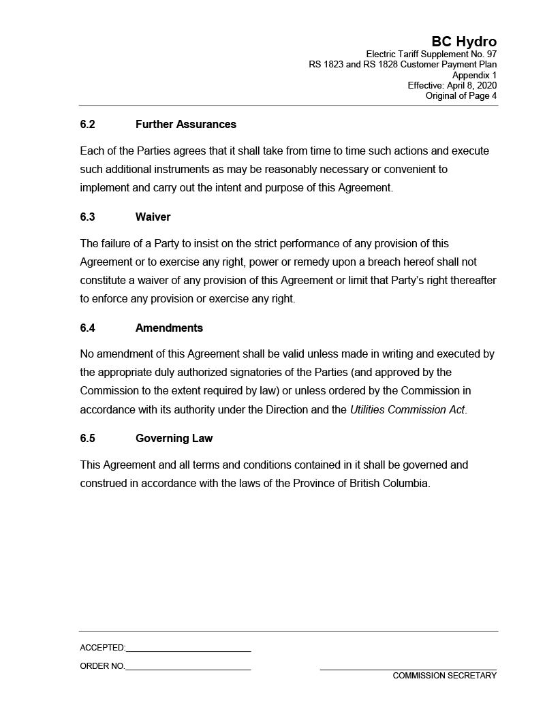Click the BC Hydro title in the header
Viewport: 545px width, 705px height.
pyautogui.click(x=464, y=42)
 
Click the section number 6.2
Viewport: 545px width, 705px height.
pyautogui.click(x=87, y=125)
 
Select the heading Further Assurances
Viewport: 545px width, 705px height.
pyautogui.click(x=186, y=125)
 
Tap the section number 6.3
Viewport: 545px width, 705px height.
pyautogui.click(x=87, y=217)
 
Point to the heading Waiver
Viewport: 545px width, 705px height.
pyautogui.click(x=153, y=217)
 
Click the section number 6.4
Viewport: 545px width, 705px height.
pyautogui.click(x=87, y=328)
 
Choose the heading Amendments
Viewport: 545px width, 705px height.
pyautogui.click(x=169, y=328)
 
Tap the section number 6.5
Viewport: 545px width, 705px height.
pyautogui.click(x=87, y=439)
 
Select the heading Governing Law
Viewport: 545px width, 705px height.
pyautogui.click(x=174, y=439)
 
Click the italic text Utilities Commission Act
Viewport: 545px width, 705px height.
pyautogui.click(x=407, y=410)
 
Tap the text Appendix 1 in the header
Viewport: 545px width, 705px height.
pyautogui.click(x=474, y=76)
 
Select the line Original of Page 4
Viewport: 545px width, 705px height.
pyautogui.click(x=461, y=96)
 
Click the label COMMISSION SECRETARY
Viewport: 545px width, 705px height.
pyautogui.click(x=444, y=676)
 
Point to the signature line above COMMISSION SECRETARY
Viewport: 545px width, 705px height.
pyautogui.click(x=408, y=670)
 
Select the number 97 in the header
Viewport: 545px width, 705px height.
pyautogui.click(x=491, y=54)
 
